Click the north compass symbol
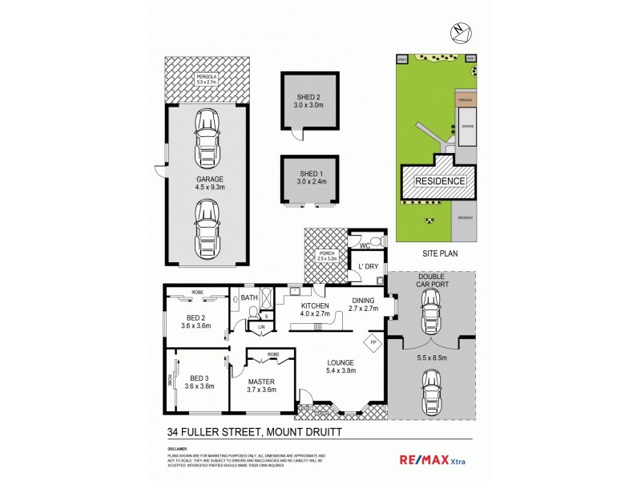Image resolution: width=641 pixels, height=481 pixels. coord(458,32)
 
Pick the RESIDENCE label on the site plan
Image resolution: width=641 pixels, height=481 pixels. coord(439,181)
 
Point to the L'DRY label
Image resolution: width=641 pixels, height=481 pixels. coord(368,265)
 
